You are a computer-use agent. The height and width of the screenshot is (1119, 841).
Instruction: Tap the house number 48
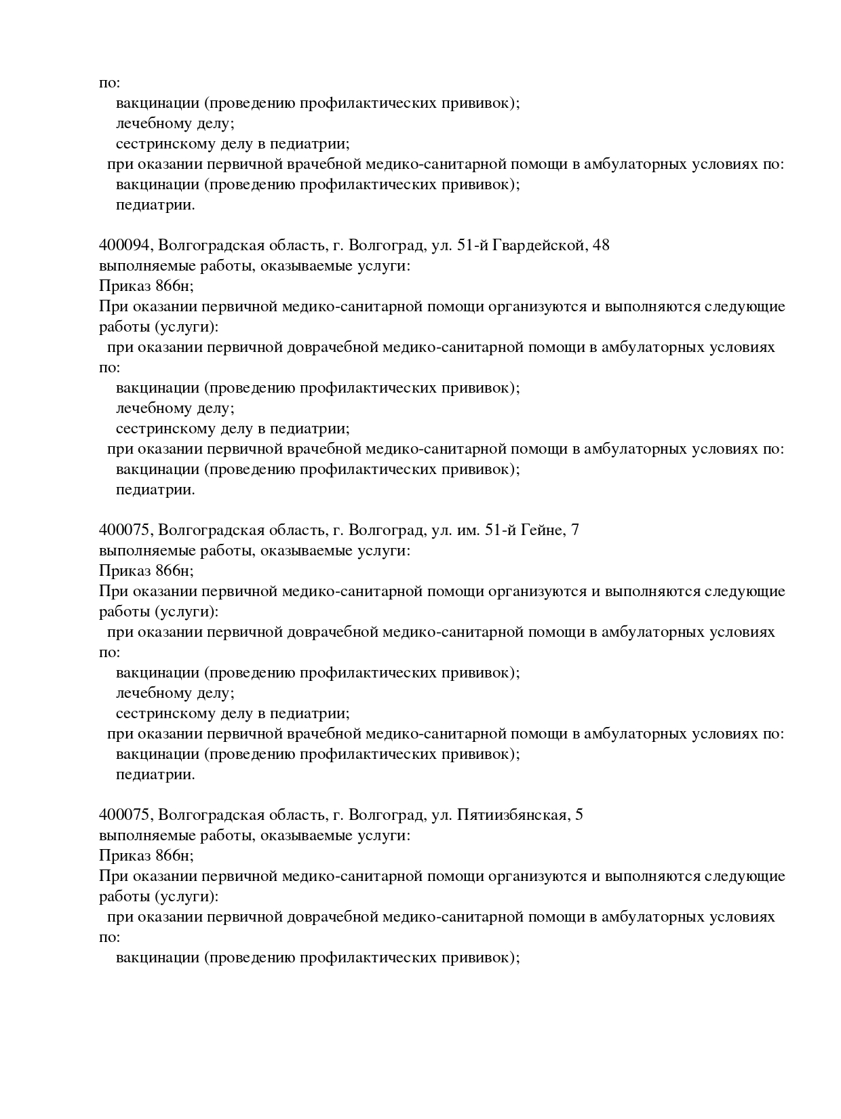click(601, 246)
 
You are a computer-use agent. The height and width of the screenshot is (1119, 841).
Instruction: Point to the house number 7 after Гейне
click(575, 530)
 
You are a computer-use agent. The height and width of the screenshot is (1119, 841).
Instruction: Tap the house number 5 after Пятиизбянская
click(579, 815)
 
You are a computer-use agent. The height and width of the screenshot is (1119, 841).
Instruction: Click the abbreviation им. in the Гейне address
click(467, 530)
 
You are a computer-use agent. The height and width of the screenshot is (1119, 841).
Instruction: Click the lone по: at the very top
click(109, 83)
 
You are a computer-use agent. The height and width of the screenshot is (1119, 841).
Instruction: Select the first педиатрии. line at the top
click(155, 205)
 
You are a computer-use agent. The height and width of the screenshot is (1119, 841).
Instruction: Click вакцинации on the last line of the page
click(157, 958)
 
